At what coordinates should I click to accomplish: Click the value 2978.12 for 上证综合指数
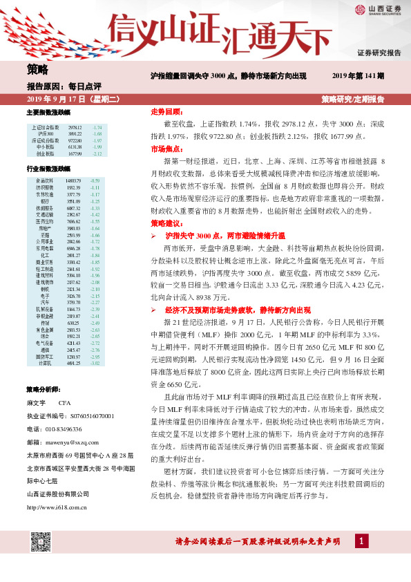[75, 128]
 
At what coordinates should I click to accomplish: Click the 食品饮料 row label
[44, 180]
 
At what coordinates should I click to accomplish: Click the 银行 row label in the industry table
[44, 202]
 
